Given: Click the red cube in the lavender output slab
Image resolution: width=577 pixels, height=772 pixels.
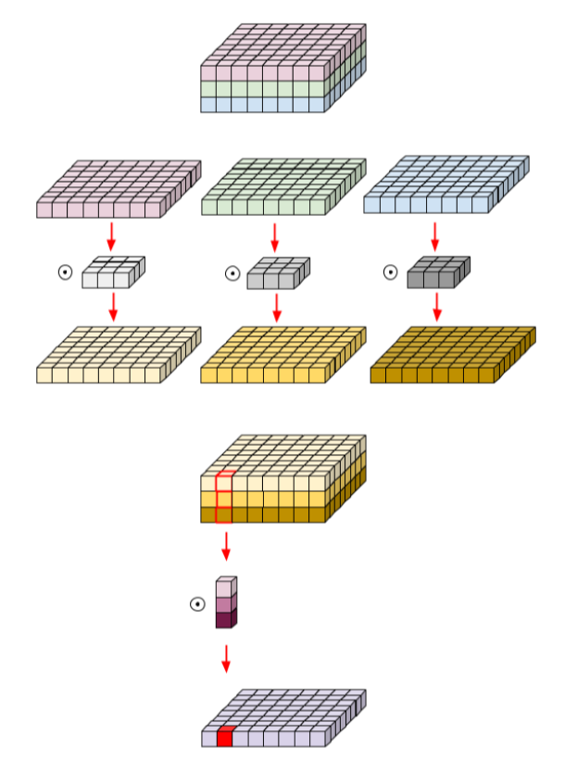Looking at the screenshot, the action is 224,738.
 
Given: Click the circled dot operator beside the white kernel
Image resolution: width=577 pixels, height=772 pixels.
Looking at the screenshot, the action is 65,272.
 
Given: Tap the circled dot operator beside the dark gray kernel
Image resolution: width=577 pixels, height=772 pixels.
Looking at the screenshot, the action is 390,272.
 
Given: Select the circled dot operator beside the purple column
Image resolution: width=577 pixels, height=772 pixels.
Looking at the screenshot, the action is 197,604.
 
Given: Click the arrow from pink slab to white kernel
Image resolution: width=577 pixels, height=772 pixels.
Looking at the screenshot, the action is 111,235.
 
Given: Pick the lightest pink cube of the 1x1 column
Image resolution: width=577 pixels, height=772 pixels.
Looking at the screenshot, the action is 224,588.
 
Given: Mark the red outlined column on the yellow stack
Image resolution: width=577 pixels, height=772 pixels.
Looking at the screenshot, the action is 224,498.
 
